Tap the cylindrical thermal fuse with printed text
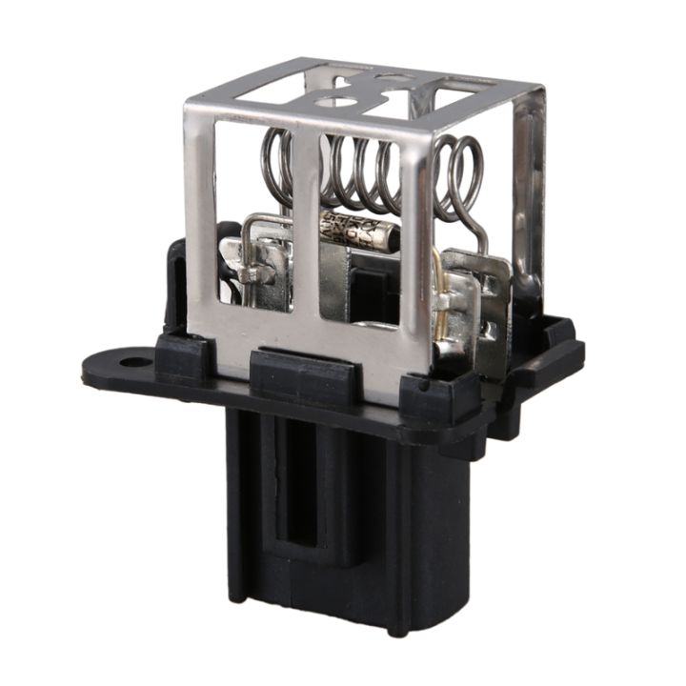(x=354, y=232)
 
